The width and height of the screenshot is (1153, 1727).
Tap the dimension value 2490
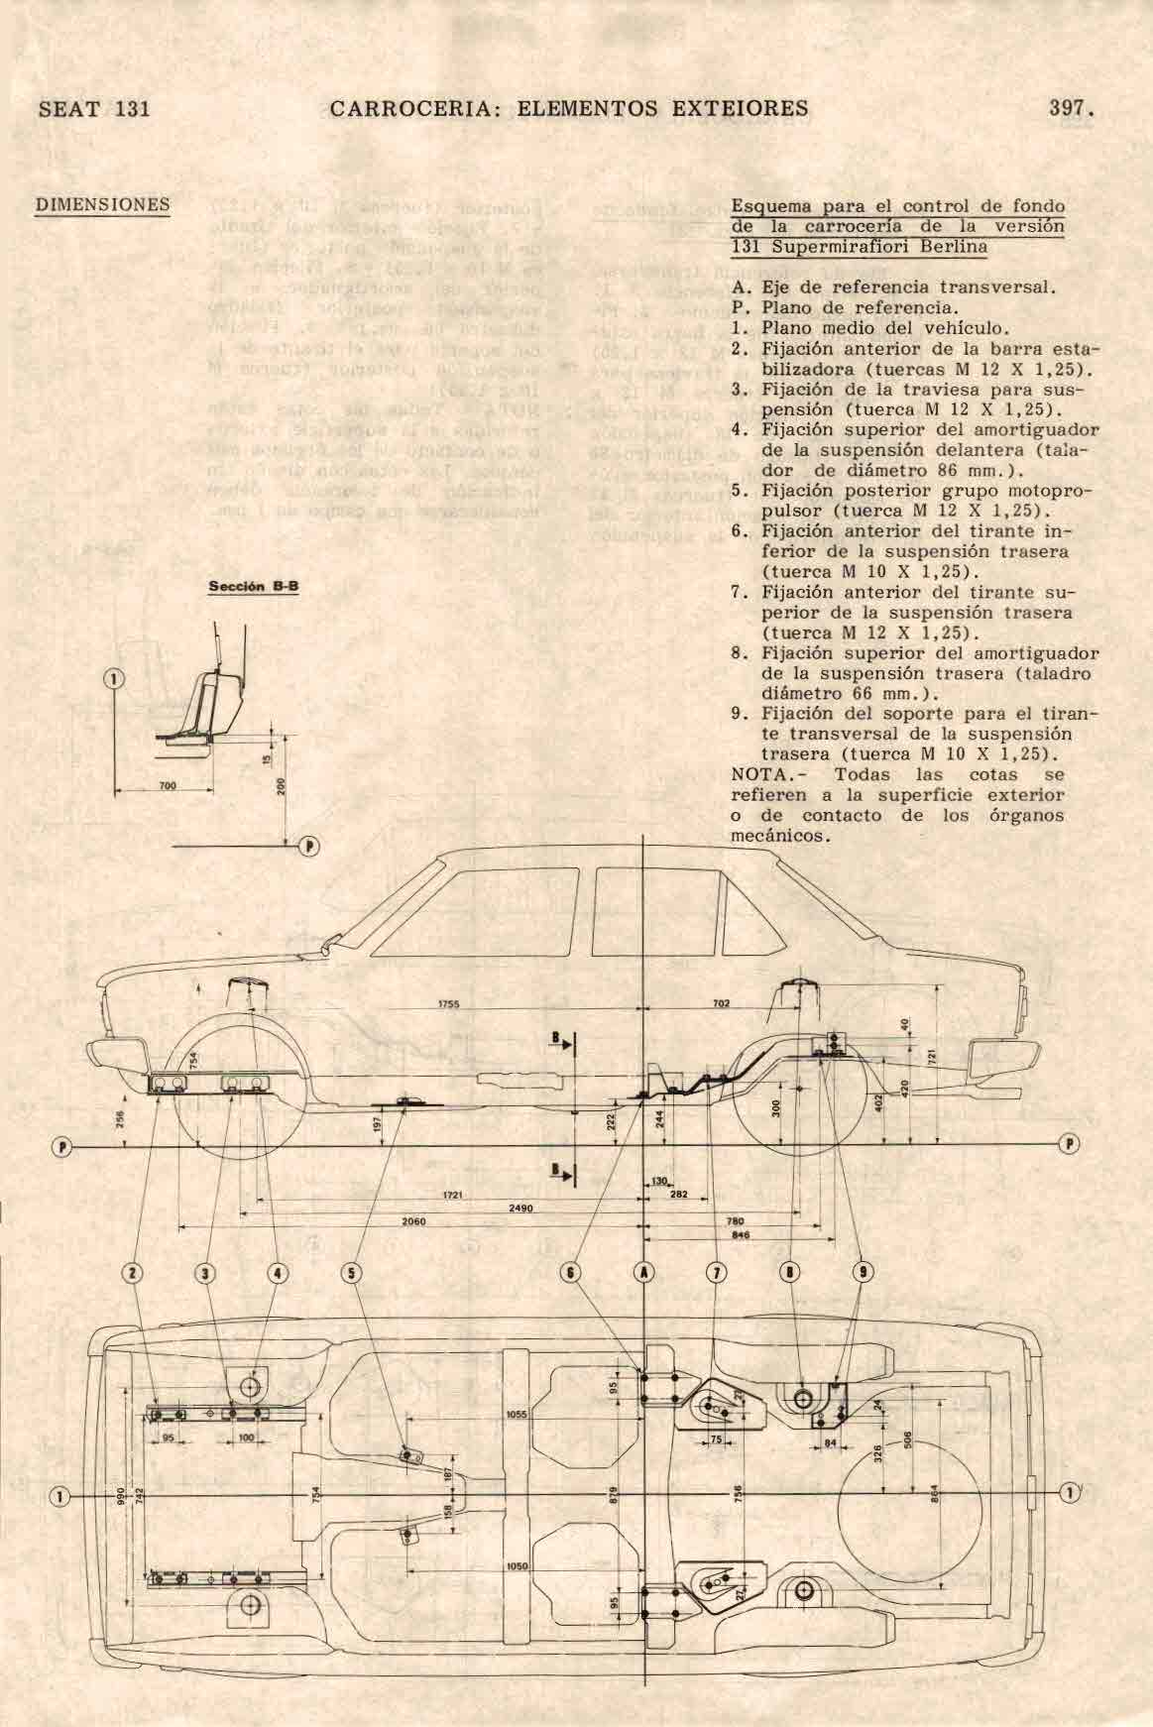pyautogui.click(x=519, y=1209)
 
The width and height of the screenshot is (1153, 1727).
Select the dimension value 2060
pyautogui.click(x=412, y=1222)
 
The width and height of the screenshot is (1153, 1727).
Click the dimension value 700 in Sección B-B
pyautogui.click(x=167, y=785)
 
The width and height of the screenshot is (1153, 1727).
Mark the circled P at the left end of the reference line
pyautogui.click(x=62, y=1147)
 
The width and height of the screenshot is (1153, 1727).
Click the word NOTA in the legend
pyautogui.click(x=757, y=774)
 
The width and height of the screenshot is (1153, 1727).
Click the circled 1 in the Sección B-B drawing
pyautogui.click(x=115, y=679)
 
